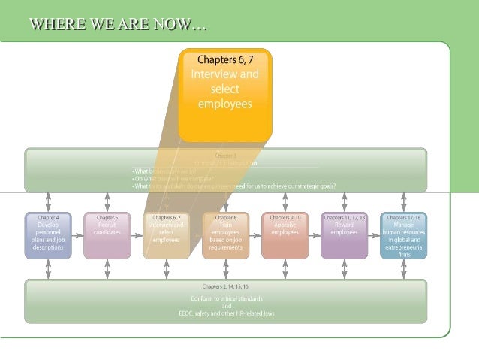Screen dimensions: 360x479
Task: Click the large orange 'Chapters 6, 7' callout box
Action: click(x=224, y=94)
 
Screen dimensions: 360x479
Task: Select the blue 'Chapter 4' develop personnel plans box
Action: click(x=48, y=235)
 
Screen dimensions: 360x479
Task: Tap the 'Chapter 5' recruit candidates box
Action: click(x=107, y=235)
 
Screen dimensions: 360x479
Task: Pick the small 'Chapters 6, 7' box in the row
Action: click(x=166, y=235)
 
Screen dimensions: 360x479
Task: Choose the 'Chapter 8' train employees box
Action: click(x=225, y=235)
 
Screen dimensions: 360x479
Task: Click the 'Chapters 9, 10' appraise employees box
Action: click(x=285, y=235)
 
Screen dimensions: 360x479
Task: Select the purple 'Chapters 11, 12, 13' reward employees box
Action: click(x=344, y=235)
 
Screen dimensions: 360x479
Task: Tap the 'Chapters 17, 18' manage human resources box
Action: click(x=403, y=235)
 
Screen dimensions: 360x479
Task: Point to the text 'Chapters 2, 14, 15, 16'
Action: click(x=225, y=286)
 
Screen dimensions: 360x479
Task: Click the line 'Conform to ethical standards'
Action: click(x=226, y=298)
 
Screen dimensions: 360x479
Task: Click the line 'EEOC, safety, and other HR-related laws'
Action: click(x=226, y=312)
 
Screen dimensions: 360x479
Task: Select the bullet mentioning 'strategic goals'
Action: click(x=233, y=186)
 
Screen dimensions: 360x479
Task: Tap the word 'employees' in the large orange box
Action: click(x=224, y=104)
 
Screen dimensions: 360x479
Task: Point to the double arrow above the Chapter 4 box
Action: click(x=48, y=201)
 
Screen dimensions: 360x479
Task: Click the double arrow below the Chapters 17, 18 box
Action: click(x=403, y=269)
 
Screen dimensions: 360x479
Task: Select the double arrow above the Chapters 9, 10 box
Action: click(x=285, y=201)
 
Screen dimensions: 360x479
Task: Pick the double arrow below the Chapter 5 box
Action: click(x=107, y=269)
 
